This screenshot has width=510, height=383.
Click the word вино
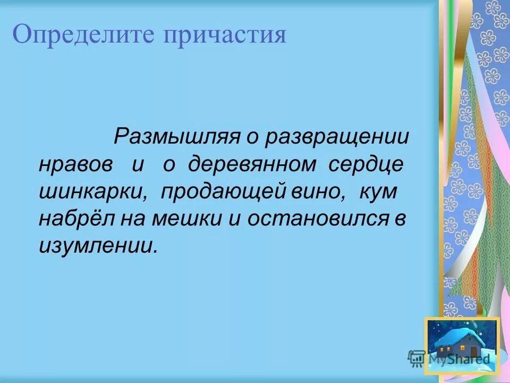pyautogui.click(x=317, y=192)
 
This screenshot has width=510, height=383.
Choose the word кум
pyautogui.click(x=378, y=192)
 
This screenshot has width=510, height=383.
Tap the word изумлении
pyautogui.click(x=98, y=246)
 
